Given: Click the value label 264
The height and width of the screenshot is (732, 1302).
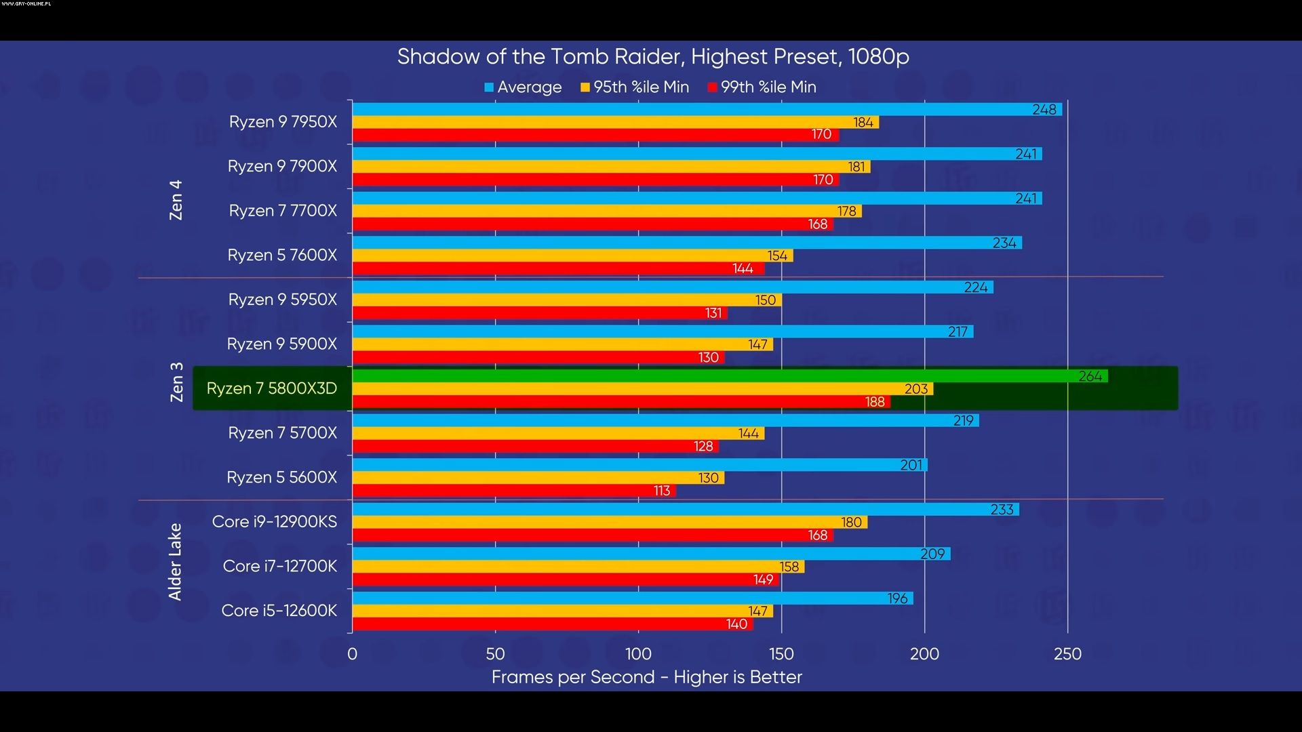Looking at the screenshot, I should click(x=1090, y=376).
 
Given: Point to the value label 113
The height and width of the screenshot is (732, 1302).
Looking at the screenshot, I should click(x=662, y=491).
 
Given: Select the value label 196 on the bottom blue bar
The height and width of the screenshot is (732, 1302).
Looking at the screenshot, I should click(x=897, y=598).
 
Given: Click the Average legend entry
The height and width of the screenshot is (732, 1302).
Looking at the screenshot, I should click(x=523, y=87).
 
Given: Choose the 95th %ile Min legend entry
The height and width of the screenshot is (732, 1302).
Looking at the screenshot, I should click(x=635, y=87).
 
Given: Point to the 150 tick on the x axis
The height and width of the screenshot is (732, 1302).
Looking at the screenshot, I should click(x=781, y=654).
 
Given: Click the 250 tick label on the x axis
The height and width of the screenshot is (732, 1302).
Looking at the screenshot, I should click(x=1067, y=654).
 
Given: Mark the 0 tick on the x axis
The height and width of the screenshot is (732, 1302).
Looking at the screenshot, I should click(x=352, y=654).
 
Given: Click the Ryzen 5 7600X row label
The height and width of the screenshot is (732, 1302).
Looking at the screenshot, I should click(x=282, y=256).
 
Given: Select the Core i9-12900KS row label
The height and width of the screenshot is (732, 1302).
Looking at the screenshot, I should click(x=274, y=522).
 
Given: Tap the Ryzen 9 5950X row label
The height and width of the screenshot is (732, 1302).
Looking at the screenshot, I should click(x=282, y=300).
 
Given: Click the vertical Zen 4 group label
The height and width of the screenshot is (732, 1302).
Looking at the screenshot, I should click(x=176, y=200).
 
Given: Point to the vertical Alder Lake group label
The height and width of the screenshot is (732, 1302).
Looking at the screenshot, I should click(x=175, y=562).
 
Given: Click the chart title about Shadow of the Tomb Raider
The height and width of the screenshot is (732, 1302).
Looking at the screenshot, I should click(x=652, y=57).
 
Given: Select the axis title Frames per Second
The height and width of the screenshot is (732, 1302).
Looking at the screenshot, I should click(x=646, y=677).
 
